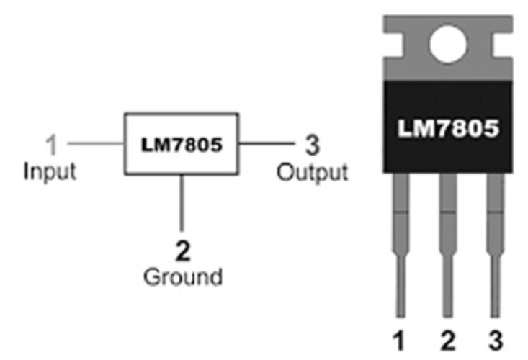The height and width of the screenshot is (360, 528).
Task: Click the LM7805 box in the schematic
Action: (181, 143)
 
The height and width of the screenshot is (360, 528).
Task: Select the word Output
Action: (313, 172)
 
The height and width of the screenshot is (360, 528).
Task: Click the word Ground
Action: (183, 276)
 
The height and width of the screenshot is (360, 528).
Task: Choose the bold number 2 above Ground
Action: (184, 250)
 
